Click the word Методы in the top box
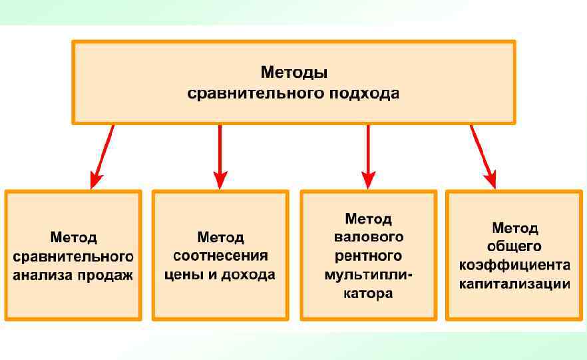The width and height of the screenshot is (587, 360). (293, 71)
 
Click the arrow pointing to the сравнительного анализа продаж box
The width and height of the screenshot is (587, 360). (102, 157)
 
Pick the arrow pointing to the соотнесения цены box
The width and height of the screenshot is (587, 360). (220, 157)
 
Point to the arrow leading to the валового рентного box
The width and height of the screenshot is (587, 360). (368, 157)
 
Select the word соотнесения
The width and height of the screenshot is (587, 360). (220, 256)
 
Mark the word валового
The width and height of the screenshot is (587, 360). (368, 237)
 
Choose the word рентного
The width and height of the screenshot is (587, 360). (368, 256)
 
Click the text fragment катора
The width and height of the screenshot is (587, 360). (368, 293)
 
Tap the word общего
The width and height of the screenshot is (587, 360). (514, 247)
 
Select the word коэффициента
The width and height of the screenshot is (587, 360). (514, 266)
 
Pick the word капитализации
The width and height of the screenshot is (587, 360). (514, 284)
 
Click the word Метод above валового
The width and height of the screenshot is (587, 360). (368, 218)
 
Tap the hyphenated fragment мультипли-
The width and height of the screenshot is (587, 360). (368, 274)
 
